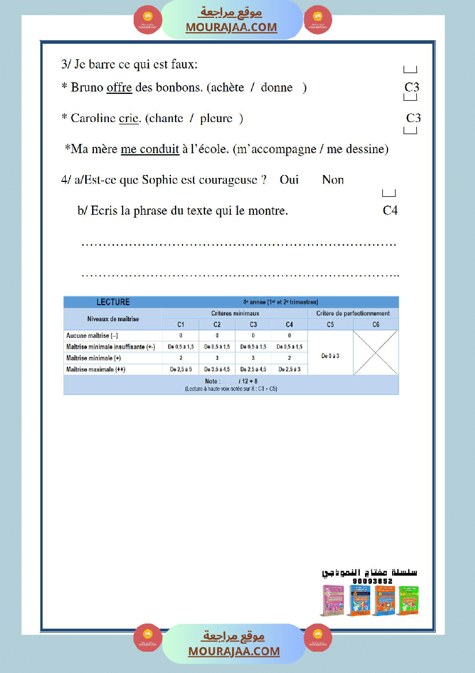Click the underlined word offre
point(119,88)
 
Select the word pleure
point(216,119)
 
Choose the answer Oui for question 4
point(289,180)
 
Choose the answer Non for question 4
point(333,180)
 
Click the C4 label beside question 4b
point(390,211)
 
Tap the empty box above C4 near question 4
point(389,193)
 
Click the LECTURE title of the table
point(113,302)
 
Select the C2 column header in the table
point(217,325)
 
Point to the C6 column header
point(375,325)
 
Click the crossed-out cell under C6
point(375,352)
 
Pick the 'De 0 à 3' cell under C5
point(330,356)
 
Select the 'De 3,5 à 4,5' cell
point(217,370)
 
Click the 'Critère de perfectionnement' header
point(353,314)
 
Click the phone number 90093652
point(373,581)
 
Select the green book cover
point(408,600)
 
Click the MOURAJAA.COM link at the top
point(231,27)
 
